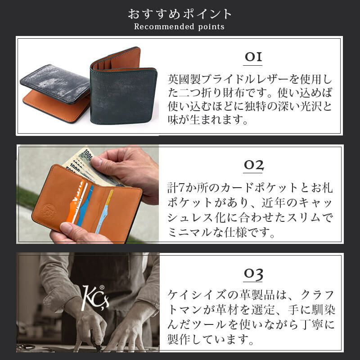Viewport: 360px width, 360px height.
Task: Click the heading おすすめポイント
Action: click(180, 13)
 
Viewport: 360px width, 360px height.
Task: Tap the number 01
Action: click(253, 58)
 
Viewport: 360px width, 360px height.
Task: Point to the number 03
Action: click(253, 274)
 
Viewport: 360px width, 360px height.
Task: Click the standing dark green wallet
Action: click(124, 90)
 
